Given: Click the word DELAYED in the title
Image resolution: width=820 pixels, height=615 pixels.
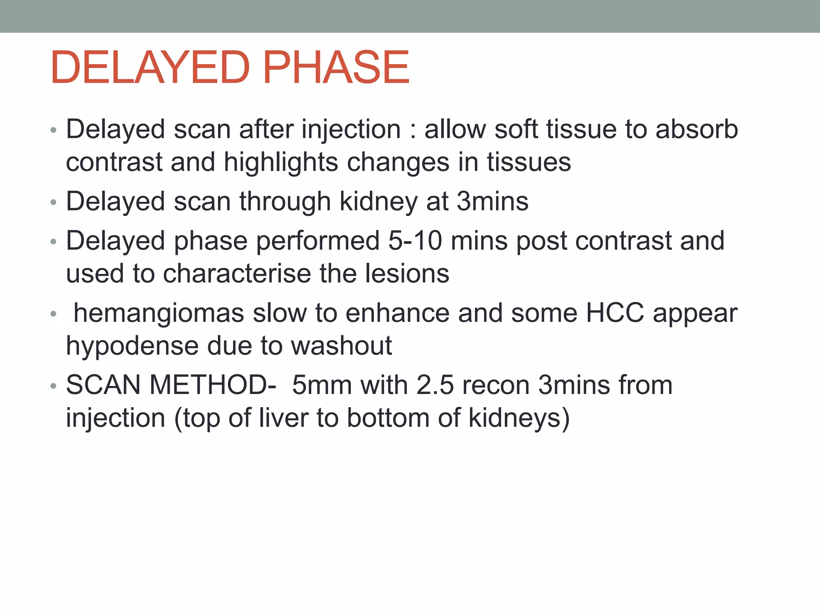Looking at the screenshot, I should coord(150,67).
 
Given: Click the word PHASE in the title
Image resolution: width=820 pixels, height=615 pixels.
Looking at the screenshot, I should coord(336,67).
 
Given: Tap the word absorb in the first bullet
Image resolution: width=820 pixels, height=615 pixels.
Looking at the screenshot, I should coord(697,129).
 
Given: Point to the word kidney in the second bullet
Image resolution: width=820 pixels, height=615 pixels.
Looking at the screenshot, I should coord(378,201).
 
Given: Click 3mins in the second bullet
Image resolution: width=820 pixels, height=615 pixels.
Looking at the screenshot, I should coord(492,201).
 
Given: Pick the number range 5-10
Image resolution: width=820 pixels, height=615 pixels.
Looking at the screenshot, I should coord(415,241).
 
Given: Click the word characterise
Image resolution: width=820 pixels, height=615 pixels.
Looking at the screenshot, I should coord(237,274).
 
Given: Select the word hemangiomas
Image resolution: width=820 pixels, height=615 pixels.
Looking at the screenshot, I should coord(159,313).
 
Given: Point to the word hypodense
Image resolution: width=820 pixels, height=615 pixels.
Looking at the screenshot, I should coord(132,346).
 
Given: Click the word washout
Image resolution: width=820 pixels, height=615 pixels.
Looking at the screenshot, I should coord(341,346).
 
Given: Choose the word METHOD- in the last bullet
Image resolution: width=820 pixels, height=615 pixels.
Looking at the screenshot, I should coord(213,385).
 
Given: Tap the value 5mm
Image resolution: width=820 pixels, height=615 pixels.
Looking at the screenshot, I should coord(322,385).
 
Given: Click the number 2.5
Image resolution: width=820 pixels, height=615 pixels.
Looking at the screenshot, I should coord(435,385).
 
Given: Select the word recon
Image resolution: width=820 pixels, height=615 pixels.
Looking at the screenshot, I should coord(496,385).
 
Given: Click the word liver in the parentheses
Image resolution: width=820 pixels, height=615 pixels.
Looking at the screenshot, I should coord(283,418).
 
